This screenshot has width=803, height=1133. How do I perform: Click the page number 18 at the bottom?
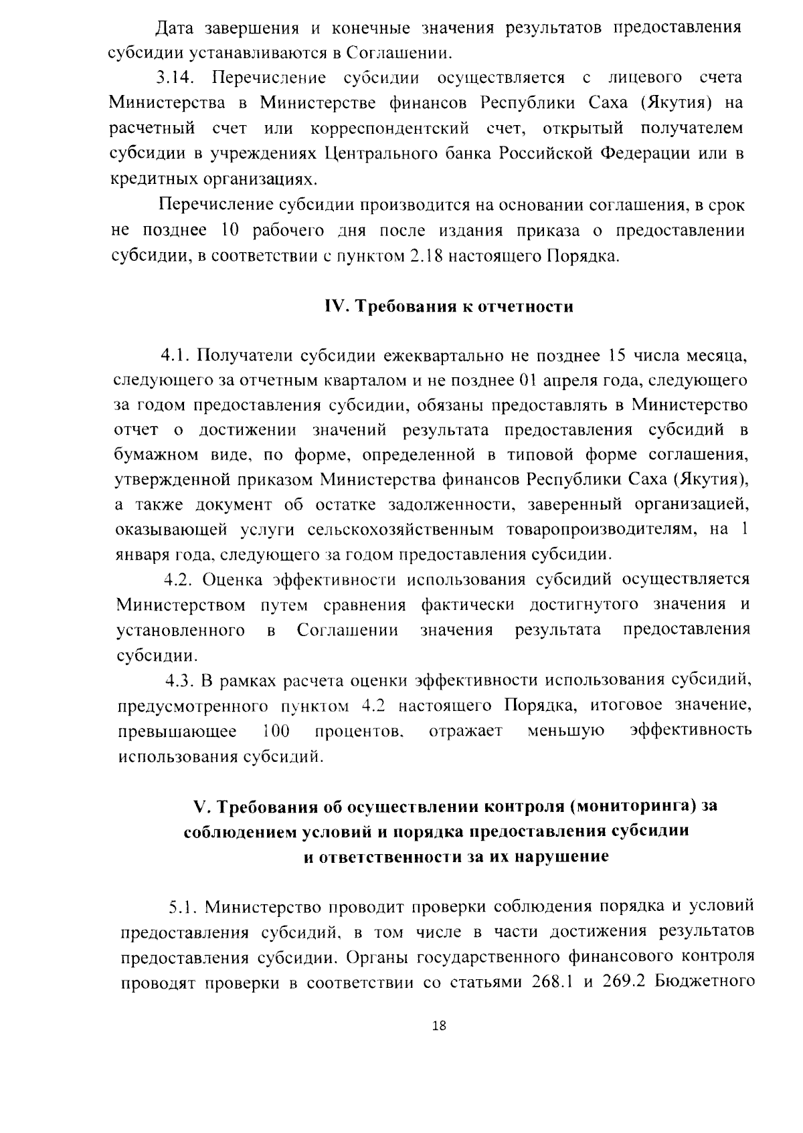click(x=440, y=1045)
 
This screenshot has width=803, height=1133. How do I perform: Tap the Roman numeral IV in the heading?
click(x=333, y=307)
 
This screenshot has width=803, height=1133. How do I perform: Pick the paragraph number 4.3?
click(x=179, y=681)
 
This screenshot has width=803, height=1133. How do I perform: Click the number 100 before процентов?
click(x=275, y=731)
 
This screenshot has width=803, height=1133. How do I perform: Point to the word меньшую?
click(x=566, y=731)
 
